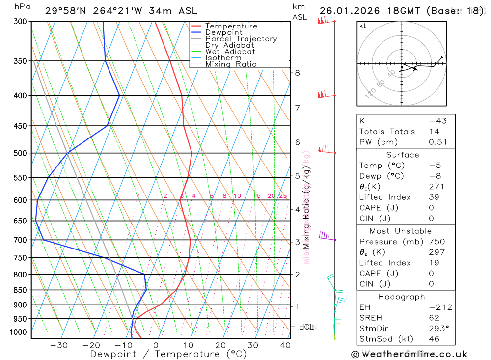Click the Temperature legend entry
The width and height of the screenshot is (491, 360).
click(231, 26)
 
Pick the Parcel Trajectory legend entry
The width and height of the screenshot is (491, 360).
click(241, 39)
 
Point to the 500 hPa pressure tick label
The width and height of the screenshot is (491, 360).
click(21, 153)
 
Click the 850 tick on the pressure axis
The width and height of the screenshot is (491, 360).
click(21, 290)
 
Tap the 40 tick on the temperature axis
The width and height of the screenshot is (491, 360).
click(285, 345)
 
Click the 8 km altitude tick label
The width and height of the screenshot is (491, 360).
click(297, 73)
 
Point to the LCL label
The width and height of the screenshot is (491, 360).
click(306, 327)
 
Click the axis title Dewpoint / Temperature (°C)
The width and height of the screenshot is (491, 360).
click(168, 354)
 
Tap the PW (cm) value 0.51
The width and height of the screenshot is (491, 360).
click(438, 142)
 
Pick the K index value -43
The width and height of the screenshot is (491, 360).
click(438, 121)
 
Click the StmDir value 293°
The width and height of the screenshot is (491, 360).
click(438, 328)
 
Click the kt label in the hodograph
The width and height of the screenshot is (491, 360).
click(363, 26)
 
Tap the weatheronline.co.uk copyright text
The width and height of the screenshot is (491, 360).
click(409, 354)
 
